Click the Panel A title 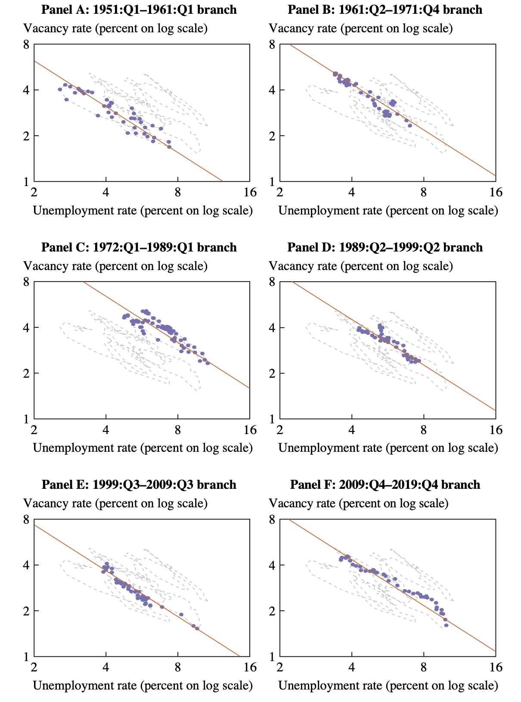click(x=139, y=9)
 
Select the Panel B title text click(x=385, y=9)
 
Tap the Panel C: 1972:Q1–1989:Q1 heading click(x=139, y=247)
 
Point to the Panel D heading click(x=385, y=247)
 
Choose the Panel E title click(x=139, y=485)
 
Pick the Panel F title click(x=385, y=485)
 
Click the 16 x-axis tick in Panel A click(x=250, y=192)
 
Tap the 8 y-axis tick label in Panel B click(x=272, y=44)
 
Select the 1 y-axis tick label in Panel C click(x=26, y=419)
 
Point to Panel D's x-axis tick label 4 click(x=352, y=430)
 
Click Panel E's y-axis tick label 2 click(x=26, y=611)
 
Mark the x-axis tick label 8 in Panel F click(x=424, y=667)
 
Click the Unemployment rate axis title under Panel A click(x=143, y=211)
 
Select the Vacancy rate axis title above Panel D click(x=360, y=266)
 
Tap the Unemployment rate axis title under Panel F click(x=388, y=685)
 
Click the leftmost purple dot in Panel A click(x=60, y=89)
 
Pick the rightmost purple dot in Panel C click(x=208, y=363)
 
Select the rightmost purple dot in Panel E click(x=197, y=628)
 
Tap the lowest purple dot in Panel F click(x=446, y=625)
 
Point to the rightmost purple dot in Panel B click(x=410, y=126)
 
